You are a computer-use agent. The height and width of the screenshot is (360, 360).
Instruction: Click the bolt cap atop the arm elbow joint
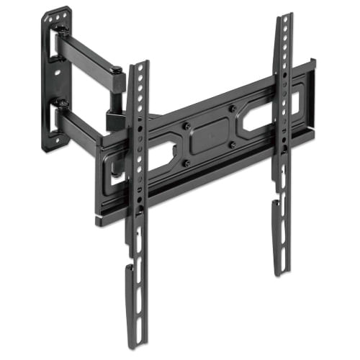click(116, 70)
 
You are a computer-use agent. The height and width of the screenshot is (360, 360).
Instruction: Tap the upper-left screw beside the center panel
click(186, 125)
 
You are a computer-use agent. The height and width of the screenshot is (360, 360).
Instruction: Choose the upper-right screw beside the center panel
click(233, 109)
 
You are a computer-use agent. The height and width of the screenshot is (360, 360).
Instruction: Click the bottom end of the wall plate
click(53, 145)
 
